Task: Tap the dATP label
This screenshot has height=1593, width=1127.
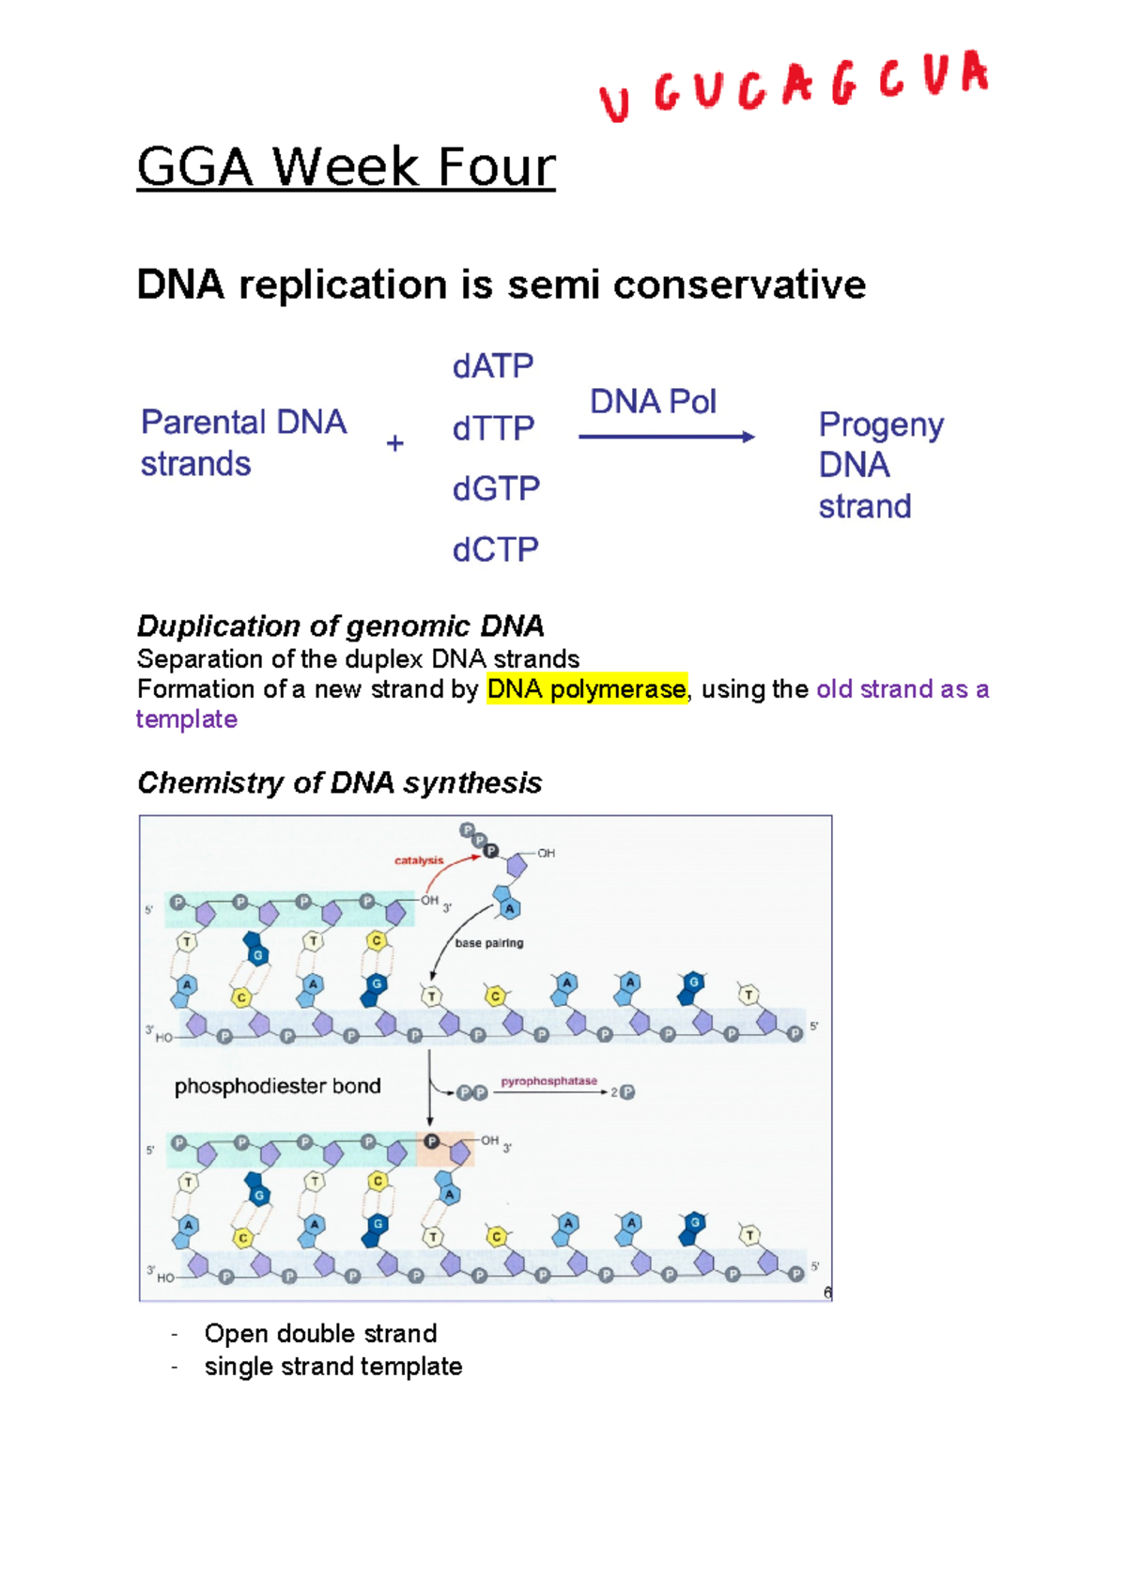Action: point(493,366)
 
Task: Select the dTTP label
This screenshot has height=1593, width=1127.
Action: point(493,428)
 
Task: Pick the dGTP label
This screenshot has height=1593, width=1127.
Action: point(496,488)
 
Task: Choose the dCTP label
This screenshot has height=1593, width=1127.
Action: point(495,549)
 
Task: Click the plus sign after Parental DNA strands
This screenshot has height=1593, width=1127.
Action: point(395,443)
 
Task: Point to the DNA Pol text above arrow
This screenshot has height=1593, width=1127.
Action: point(653,402)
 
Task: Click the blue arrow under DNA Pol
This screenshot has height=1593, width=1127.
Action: point(666,437)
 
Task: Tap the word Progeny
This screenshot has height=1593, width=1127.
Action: point(881,425)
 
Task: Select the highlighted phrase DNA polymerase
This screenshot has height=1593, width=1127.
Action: point(587,689)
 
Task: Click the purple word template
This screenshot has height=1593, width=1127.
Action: point(187,719)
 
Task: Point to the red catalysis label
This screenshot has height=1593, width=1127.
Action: point(419,860)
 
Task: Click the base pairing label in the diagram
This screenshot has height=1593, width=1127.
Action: point(489,943)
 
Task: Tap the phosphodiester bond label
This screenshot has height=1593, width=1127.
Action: point(278,1087)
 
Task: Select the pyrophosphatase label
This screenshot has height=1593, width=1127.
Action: point(548,1081)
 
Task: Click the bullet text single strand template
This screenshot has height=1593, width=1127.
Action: point(333,1367)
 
